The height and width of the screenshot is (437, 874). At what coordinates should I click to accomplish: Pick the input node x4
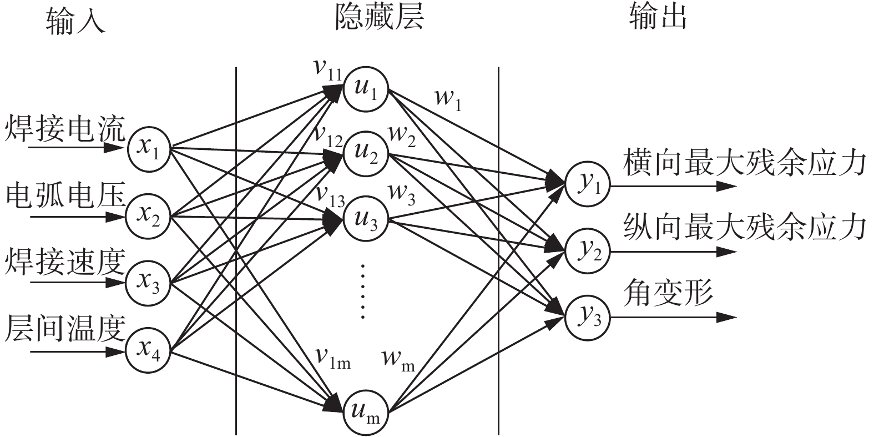[x=148, y=350]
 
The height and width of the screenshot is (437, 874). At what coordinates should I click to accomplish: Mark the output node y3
[x=587, y=318]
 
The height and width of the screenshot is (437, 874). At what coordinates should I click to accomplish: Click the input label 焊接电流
[x=64, y=129]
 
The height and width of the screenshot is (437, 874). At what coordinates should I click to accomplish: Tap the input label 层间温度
[x=64, y=329]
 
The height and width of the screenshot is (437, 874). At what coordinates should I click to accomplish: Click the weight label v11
[x=327, y=69]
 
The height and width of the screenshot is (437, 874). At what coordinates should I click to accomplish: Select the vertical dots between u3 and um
[x=363, y=292]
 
